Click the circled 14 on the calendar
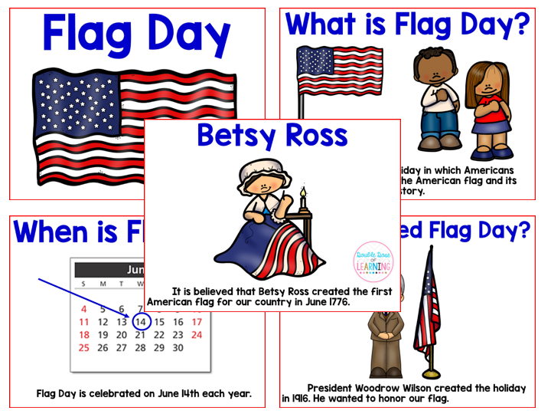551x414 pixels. tap(141, 322)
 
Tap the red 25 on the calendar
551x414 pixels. tap(84, 347)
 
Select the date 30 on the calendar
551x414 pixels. tap(178, 347)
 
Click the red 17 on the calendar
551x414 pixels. tap(197, 322)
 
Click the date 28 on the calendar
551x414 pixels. tap(141, 347)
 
